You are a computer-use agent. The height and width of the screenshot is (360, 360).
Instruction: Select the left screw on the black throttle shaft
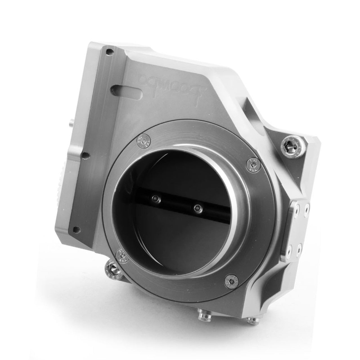click(x=154, y=199)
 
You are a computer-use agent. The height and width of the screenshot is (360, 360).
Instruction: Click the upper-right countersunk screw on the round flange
click(x=251, y=163)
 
